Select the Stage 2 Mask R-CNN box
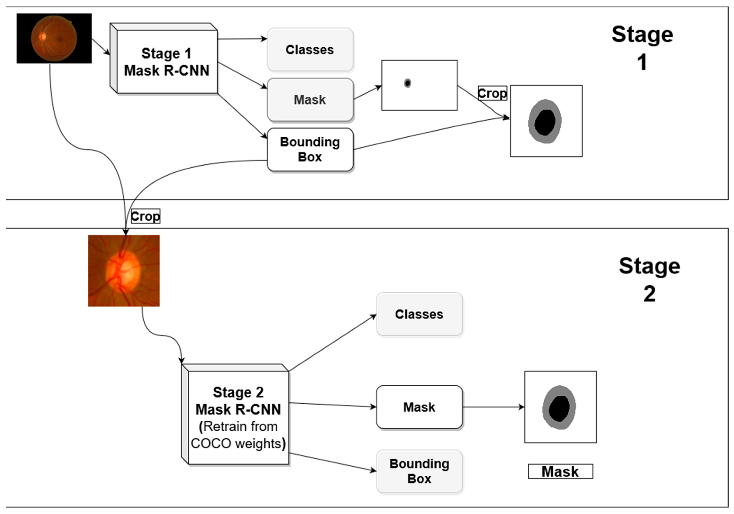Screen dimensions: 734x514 (x=236, y=414)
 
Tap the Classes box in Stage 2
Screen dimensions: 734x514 (x=419, y=314)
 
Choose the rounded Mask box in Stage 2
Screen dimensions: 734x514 (x=419, y=407)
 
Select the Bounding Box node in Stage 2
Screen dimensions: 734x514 (x=419, y=472)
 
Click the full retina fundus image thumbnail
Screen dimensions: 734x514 (x=54, y=38)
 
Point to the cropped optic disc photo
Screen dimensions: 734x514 (x=124, y=271)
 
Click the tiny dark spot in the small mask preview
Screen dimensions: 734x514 (x=407, y=83)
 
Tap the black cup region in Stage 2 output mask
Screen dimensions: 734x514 (x=559, y=409)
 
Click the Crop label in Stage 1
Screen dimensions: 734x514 (x=493, y=93)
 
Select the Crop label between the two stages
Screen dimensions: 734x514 (x=146, y=216)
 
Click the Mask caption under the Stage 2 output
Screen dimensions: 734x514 (x=560, y=472)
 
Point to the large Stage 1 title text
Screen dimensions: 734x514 (x=643, y=48)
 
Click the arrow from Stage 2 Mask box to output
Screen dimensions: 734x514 (x=494, y=407)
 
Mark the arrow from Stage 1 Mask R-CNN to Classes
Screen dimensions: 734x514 (x=242, y=39)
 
